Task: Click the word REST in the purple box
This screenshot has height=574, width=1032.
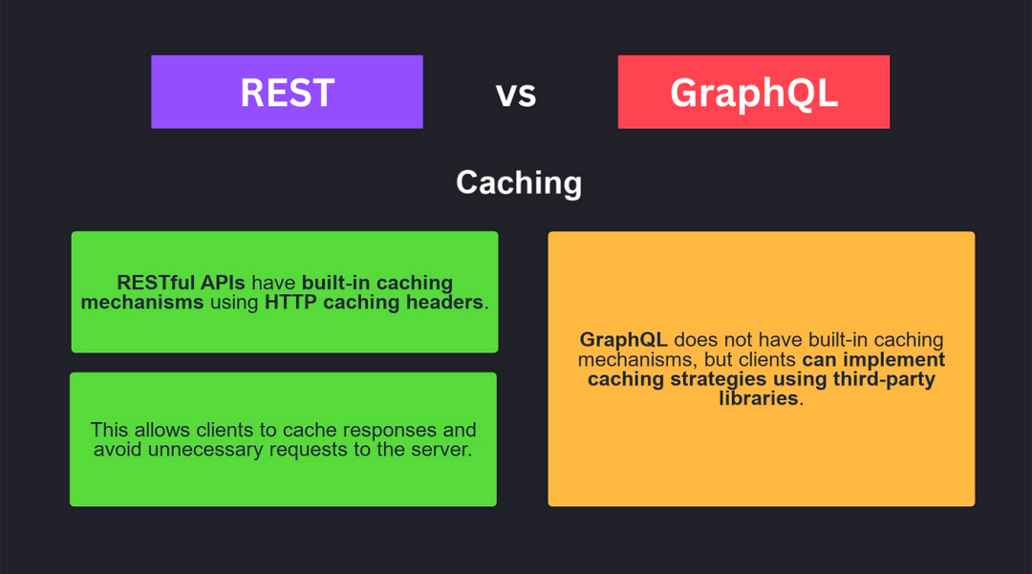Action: click(287, 93)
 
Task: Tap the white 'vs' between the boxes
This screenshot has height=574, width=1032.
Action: click(516, 94)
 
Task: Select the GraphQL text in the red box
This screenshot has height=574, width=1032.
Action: click(754, 94)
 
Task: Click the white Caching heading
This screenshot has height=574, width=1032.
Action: click(519, 182)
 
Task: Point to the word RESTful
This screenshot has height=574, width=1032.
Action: click(156, 283)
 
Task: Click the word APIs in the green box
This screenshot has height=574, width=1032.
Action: click(223, 283)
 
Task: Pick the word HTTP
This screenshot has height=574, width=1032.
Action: click(290, 303)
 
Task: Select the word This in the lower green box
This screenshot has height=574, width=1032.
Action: click(109, 430)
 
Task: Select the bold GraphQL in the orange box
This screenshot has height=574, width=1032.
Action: click(623, 341)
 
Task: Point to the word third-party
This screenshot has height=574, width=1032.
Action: click(884, 379)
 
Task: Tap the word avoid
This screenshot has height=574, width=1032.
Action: click(118, 450)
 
